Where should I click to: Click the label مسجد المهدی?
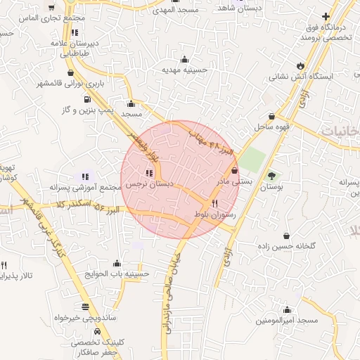point(178,10)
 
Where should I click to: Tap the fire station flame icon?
point(302,59)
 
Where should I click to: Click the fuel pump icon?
point(86,99)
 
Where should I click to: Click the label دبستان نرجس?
point(149,184)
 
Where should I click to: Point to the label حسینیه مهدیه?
point(184,70)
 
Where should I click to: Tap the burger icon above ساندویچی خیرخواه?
point(86,307)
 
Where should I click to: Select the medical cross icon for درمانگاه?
point(326,16)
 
